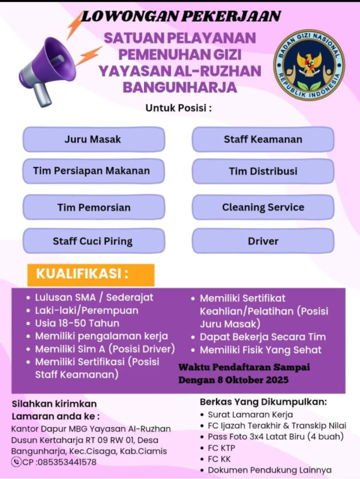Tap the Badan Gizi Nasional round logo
pyautogui.click(x=309, y=64)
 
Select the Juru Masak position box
pyautogui.click(x=94, y=139)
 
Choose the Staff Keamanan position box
pyautogui.click(x=263, y=139)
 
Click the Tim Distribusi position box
pyautogui.click(x=263, y=171)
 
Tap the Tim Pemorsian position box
pyautogui.click(x=94, y=208)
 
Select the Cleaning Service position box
pyautogui.click(x=263, y=208)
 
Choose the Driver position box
pyautogui.click(x=263, y=241)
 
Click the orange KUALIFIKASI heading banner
pyautogui.click(x=90, y=275)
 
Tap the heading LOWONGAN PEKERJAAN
pyautogui.click(x=181, y=16)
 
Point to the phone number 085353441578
pyautogui.click(x=67, y=462)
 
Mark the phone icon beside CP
pyautogui.click(x=16, y=462)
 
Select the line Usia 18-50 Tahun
pyautogui.click(x=77, y=323)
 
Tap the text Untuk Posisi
pyautogui.click(x=178, y=108)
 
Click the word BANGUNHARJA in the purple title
pyautogui.click(x=180, y=87)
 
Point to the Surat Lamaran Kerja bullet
pyautogui.click(x=250, y=415)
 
